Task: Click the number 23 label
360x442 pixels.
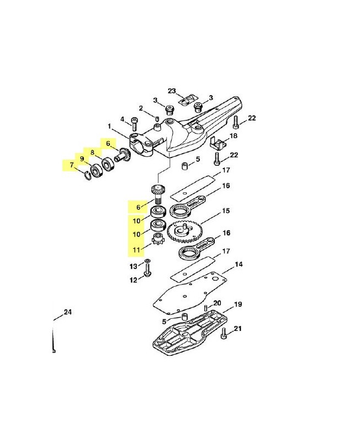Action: (x=172, y=91)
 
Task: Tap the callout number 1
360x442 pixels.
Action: (x=109, y=126)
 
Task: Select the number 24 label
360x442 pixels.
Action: (x=67, y=312)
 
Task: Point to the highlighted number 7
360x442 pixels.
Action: (x=72, y=165)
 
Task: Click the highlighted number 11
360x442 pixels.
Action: (x=136, y=250)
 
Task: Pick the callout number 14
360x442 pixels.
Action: (x=239, y=264)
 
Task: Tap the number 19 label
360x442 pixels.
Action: (x=238, y=304)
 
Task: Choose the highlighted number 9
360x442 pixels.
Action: (x=82, y=159)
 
